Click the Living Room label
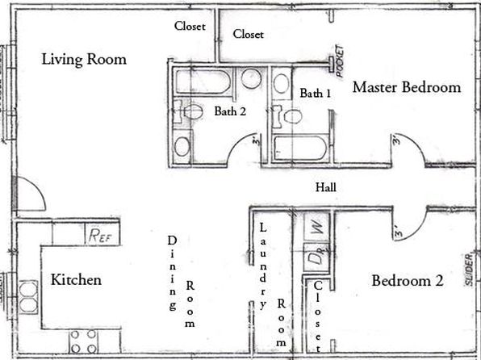click(x=84, y=59)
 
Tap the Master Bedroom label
click(x=407, y=87)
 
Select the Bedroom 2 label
click(x=408, y=281)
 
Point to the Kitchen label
click(x=76, y=279)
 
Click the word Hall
click(x=326, y=187)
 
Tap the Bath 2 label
click(x=230, y=111)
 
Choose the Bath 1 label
click(x=316, y=93)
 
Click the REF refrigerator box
click(x=102, y=234)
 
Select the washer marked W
click(x=317, y=227)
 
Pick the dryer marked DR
click(x=316, y=257)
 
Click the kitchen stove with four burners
click(x=83, y=341)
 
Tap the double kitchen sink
click(x=28, y=297)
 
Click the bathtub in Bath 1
click(x=299, y=148)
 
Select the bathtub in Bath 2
click(x=203, y=82)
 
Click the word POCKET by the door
click(x=340, y=61)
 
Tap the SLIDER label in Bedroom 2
click(x=469, y=270)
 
